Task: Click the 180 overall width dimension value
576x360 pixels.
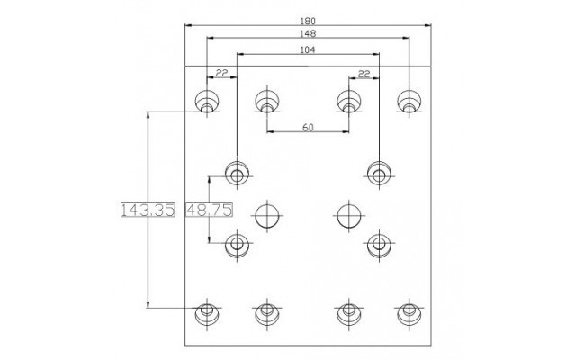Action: coord(308,22)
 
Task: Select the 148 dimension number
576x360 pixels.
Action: coord(308,34)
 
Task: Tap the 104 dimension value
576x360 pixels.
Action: coord(308,50)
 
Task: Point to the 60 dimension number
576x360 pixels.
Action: coord(308,128)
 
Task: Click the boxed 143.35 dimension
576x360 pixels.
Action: coord(148,210)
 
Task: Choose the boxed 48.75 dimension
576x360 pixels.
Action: coord(209,210)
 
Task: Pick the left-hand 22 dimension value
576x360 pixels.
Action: coord(221,74)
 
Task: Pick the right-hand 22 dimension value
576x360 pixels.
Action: coord(364,74)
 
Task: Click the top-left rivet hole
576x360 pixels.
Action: coord(207,101)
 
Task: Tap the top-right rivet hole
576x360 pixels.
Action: coord(409,101)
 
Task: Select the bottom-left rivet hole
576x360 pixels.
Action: coord(207,313)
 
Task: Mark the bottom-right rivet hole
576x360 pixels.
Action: coord(409,313)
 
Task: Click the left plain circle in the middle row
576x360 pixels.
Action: coord(267,216)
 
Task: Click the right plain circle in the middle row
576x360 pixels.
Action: coord(349,216)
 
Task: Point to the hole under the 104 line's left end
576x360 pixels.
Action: coord(237,173)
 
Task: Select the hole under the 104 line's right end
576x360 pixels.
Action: coord(379,173)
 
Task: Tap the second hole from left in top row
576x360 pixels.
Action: coord(267,101)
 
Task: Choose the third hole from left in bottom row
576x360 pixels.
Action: coord(349,313)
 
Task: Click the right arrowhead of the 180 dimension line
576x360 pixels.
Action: coord(428,25)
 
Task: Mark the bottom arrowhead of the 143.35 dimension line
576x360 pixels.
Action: coord(148,304)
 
